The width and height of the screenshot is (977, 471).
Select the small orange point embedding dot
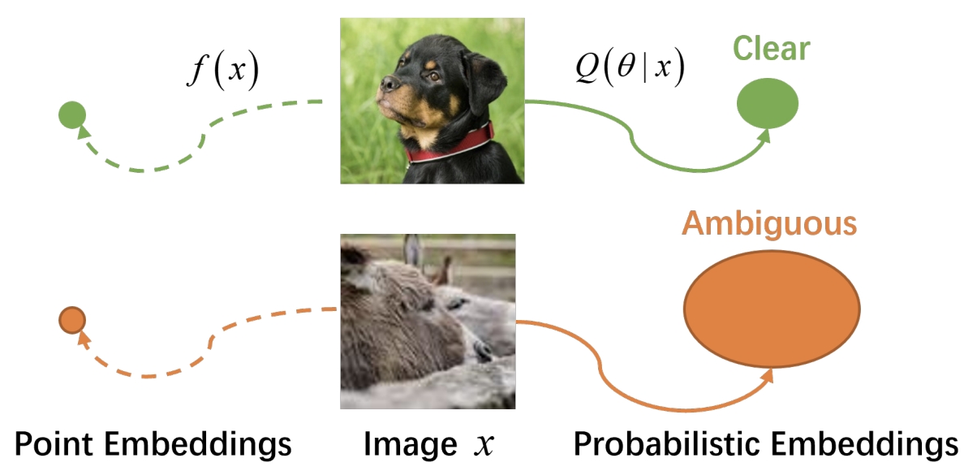[x=71, y=321]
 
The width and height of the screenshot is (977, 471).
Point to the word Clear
[x=771, y=49]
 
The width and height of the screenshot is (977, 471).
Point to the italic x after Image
[x=484, y=445]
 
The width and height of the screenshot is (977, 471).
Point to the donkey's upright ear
[x=413, y=251]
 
